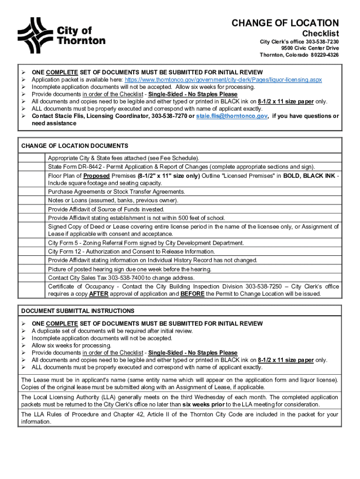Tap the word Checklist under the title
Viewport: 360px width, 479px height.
tap(320, 34)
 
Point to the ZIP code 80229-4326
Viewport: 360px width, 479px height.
tap(324, 55)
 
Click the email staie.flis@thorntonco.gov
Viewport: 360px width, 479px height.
tap(231, 116)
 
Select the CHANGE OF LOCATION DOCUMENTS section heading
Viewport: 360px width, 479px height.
tap(75, 146)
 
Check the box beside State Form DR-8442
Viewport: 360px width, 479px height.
tap(32, 167)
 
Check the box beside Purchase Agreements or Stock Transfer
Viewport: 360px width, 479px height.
tap(32, 192)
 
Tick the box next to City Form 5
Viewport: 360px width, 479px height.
tap(32, 243)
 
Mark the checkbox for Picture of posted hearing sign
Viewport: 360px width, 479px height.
tap(32, 269)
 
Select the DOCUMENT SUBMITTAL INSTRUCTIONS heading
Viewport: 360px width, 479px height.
tap(78, 311)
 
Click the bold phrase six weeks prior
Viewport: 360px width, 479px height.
tap(203, 404)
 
